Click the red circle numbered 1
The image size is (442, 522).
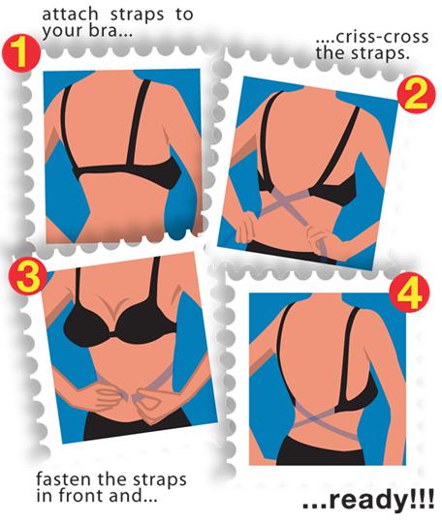[x=20, y=53]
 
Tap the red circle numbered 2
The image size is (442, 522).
[x=416, y=95]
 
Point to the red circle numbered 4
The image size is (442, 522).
[x=409, y=292]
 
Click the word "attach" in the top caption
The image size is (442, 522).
[x=70, y=15]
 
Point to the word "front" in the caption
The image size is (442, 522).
[x=82, y=496]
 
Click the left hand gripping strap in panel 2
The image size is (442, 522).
[x=246, y=228]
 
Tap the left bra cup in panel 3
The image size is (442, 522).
[x=87, y=325]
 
